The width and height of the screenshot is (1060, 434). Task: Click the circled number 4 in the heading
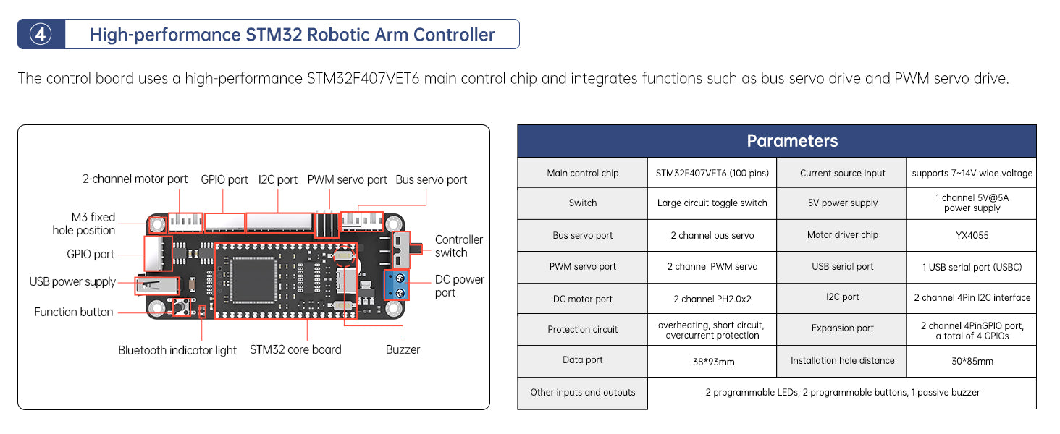pyautogui.click(x=41, y=34)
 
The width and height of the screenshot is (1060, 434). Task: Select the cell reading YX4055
pyautogui.click(x=971, y=235)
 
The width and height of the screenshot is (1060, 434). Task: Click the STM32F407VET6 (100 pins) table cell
pyautogui.click(x=712, y=173)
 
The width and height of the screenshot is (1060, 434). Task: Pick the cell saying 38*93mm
pyautogui.click(x=712, y=361)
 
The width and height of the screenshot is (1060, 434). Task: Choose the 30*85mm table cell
pyautogui.click(x=971, y=361)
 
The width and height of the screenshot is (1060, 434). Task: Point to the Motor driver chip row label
pyautogui.click(x=842, y=235)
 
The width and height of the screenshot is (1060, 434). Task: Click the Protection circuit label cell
pyautogui.click(x=582, y=330)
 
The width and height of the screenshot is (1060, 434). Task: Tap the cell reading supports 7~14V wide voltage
pyautogui.click(x=971, y=173)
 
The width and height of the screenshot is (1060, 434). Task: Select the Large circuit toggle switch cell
pyautogui.click(x=712, y=203)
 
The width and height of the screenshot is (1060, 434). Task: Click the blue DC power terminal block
pyautogui.click(x=397, y=284)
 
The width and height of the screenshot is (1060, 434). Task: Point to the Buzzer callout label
pyautogui.click(x=403, y=349)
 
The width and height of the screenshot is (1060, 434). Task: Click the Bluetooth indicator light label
pyautogui.click(x=177, y=350)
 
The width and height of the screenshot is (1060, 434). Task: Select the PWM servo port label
pyautogui.click(x=347, y=179)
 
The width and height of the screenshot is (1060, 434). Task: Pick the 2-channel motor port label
pyautogui.click(x=135, y=179)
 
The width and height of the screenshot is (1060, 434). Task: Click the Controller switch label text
pyautogui.click(x=458, y=246)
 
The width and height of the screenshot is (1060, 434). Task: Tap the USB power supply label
pyautogui.click(x=72, y=281)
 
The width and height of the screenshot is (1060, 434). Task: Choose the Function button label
pyautogui.click(x=74, y=312)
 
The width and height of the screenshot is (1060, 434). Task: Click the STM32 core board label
pyautogui.click(x=295, y=349)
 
